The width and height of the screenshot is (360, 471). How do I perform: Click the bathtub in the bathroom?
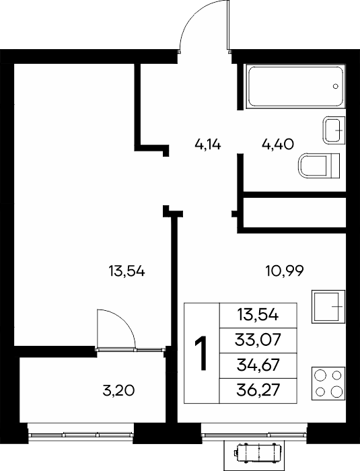tap(295, 86)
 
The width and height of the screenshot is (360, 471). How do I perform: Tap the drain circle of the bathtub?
tap(336, 86)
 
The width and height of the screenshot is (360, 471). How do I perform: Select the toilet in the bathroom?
tap(319, 166)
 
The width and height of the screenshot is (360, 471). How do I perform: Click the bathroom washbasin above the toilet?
tap(334, 130)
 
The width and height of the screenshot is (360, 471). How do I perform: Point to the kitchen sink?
tap(328, 306)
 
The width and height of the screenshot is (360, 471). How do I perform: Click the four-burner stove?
tap(328, 384)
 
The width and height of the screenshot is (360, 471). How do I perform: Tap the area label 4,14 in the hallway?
tap(208, 145)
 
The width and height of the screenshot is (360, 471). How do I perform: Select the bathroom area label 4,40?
tap(278, 145)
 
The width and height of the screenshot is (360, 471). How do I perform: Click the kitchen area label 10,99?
tap(285, 271)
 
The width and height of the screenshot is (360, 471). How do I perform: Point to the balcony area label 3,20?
tap(118, 391)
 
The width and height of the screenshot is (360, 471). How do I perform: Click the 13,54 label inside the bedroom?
tap(127, 272)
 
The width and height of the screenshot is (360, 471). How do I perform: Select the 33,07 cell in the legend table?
tap(258, 340)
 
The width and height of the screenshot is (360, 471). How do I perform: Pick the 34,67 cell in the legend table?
tap(258, 365)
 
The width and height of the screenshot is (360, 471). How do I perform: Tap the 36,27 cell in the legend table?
tap(258, 390)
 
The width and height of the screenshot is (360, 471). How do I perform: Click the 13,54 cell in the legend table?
tap(258, 316)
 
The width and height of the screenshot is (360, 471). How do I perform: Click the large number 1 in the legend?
tap(201, 353)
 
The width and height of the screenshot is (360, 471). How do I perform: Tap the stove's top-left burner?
tap(320, 375)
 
